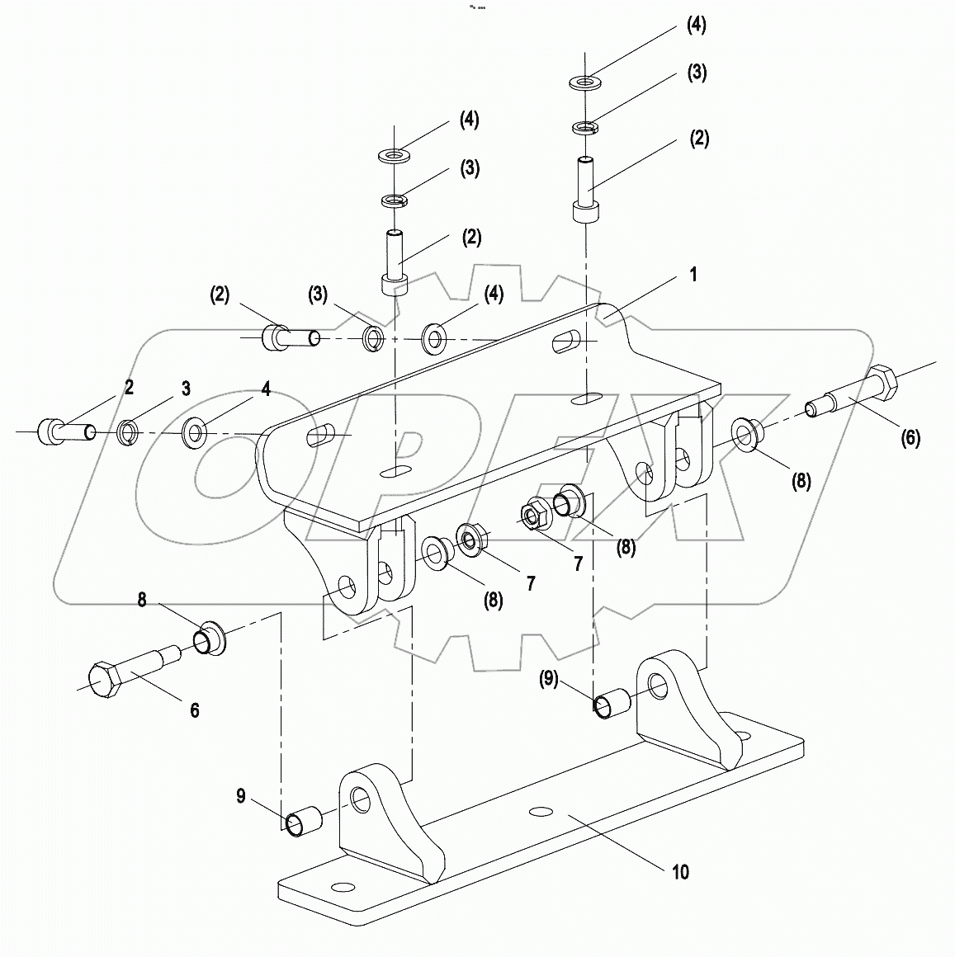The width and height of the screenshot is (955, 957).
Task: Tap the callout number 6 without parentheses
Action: (195, 710)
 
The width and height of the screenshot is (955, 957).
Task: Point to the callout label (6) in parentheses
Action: (910, 438)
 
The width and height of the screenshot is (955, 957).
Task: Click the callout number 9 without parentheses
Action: (241, 795)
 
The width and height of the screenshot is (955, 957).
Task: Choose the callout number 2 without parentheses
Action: (129, 387)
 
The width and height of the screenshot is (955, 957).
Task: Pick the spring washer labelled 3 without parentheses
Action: (127, 431)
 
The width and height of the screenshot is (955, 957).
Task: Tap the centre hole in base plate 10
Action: (541, 812)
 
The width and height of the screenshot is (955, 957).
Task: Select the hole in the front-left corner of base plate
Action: (338, 887)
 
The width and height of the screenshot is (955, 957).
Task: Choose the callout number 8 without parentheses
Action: (142, 601)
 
